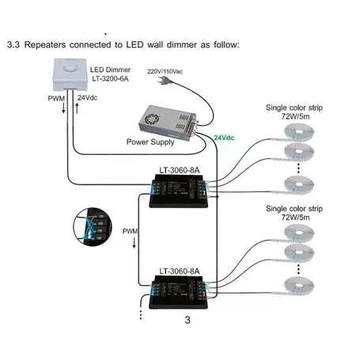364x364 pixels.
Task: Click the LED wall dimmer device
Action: click(70, 74)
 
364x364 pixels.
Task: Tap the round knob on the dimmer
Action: click(70, 70)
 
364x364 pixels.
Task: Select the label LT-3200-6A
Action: click(110, 78)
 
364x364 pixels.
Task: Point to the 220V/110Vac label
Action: click(165, 71)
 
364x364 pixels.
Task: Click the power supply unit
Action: click(168, 122)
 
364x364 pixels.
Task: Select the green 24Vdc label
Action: click(224, 138)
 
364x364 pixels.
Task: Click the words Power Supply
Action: click(150, 142)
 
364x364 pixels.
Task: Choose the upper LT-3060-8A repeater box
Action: click(179, 191)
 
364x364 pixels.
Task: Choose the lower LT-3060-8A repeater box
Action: click(179, 292)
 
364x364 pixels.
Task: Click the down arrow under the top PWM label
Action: click(63, 108)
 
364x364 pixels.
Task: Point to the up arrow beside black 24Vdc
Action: click(77, 108)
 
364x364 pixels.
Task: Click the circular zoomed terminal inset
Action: click(93, 227)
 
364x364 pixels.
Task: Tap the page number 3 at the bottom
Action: click(188, 320)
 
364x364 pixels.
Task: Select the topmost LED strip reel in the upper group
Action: click(299, 131)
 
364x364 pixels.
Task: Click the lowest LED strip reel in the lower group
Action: click(299, 285)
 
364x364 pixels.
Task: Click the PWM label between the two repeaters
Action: click(131, 231)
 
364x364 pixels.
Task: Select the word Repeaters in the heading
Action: click(45, 45)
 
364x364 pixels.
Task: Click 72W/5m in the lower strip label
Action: click(295, 218)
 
